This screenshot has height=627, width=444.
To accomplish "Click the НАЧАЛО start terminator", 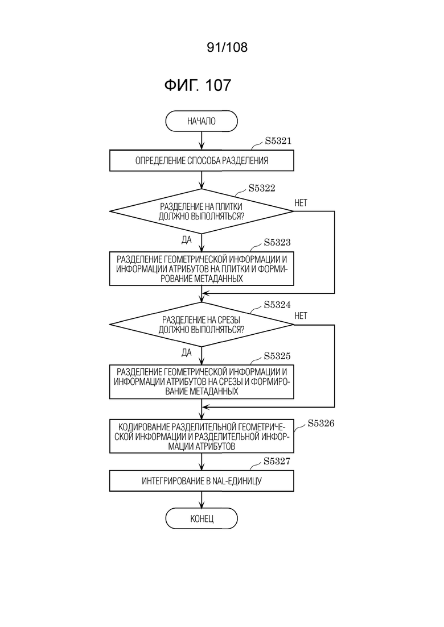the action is [x=202, y=121].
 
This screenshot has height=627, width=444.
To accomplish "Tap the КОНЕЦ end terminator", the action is [x=202, y=518].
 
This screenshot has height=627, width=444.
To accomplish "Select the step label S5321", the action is [x=278, y=141].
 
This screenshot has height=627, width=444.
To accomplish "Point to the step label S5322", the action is [x=262, y=188].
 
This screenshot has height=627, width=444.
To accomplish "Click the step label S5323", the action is [x=277, y=242].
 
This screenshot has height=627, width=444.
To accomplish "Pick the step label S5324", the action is [x=277, y=305].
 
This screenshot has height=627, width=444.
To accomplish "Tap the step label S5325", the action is [x=277, y=356].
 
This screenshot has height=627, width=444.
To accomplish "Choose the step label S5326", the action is [x=320, y=423].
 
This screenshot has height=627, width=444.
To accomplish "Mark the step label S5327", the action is [x=277, y=462].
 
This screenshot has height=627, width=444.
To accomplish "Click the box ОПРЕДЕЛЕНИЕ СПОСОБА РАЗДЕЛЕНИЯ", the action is [x=202, y=161].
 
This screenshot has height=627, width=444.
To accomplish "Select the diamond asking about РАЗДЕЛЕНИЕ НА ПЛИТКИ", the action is [x=202, y=211].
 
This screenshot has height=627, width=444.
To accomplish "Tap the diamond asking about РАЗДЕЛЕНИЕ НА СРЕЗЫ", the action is [x=202, y=324].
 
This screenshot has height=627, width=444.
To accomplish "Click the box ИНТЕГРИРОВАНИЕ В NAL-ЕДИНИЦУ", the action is [x=202, y=481].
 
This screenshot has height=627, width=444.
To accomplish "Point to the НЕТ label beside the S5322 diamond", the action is [x=301, y=203].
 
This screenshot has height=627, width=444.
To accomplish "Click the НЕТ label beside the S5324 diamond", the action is [x=301, y=316].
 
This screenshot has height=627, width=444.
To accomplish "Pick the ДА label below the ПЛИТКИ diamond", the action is [x=187, y=239].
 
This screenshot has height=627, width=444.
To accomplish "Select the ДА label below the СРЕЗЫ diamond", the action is [x=187, y=352].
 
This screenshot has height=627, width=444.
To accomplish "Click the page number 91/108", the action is [x=227, y=47].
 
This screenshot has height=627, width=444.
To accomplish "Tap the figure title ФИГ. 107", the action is [x=198, y=85].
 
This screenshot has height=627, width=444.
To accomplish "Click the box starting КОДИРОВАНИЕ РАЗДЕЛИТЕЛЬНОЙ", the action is [x=202, y=436].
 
